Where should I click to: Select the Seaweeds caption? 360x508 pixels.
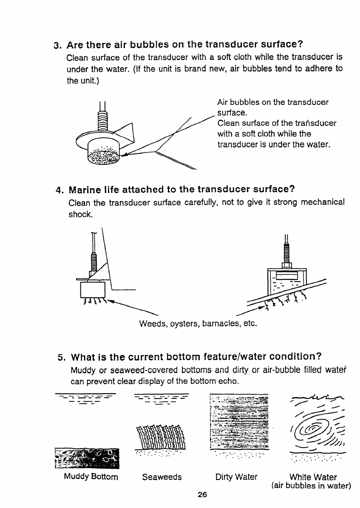click(162, 477)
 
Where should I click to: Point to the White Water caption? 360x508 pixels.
click(313, 477)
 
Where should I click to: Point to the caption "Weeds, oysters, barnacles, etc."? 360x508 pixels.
click(198, 324)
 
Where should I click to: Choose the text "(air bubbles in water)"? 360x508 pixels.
click(310, 485)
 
